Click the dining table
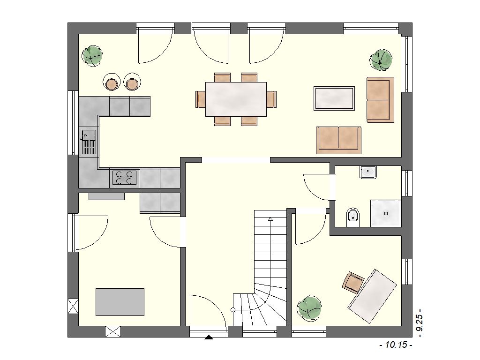pyautogui.click(x=236, y=99)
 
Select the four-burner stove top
pyautogui.click(x=125, y=178)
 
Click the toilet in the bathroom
pyautogui.click(x=353, y=217)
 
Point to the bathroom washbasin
pyautogui.click(x=368, y=172)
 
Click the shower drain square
pyautogui.click(x=386, y=213)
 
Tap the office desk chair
pyautogui.click(x=353, y=282)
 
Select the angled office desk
pyautogui.click(x=372, y=296)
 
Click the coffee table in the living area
pyautogui.click(x=334, y=98)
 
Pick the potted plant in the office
pyautogui.click(x=309, y=308)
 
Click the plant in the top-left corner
pyautogui.click(x=92, y=56)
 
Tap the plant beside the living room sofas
pyautogui.click(x=381, y=60)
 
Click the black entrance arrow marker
pyautogui.click(x=209, y=337)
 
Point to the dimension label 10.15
pyautogui.click(x=396, y=345)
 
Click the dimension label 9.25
pyautogui.click(x=419, y=323)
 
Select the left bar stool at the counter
pyautogui.click(x=112, y=82)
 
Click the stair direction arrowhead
pyautogui.click(x=270, y=219)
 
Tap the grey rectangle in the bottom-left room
pyautogui.click(x=120, y=302)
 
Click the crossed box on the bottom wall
pyautogui.click(x=112, y=332)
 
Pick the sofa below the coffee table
pyautogui.click(x=338, y=140)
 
